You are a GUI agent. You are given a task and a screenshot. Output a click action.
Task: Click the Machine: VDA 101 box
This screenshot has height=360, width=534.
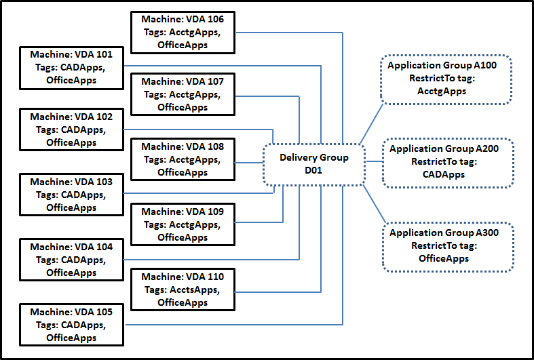(71, 67)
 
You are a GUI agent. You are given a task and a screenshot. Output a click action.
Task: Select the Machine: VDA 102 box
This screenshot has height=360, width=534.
(71, 129)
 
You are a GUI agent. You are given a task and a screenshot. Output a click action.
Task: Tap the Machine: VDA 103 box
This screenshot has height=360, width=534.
(71, 195)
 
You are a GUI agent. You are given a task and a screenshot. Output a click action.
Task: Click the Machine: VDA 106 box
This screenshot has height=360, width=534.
(182, 32)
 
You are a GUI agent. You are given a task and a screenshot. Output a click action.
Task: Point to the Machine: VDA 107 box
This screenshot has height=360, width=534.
(182, 94)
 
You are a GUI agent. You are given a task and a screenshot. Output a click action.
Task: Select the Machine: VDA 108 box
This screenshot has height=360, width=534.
(182, 159)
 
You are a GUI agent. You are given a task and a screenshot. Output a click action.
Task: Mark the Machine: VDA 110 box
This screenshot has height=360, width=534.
(182, 289)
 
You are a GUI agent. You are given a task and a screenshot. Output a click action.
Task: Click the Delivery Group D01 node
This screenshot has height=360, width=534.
(314, 163)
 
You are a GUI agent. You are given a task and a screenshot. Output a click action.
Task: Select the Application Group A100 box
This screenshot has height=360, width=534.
(446, 80)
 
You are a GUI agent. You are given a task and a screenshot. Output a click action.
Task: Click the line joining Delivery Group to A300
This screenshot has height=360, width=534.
(374, 203)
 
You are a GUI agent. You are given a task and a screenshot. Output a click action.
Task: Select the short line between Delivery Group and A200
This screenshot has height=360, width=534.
(373, 163)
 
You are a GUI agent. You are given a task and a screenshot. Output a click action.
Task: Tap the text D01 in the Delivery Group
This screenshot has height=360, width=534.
(314, 169)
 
